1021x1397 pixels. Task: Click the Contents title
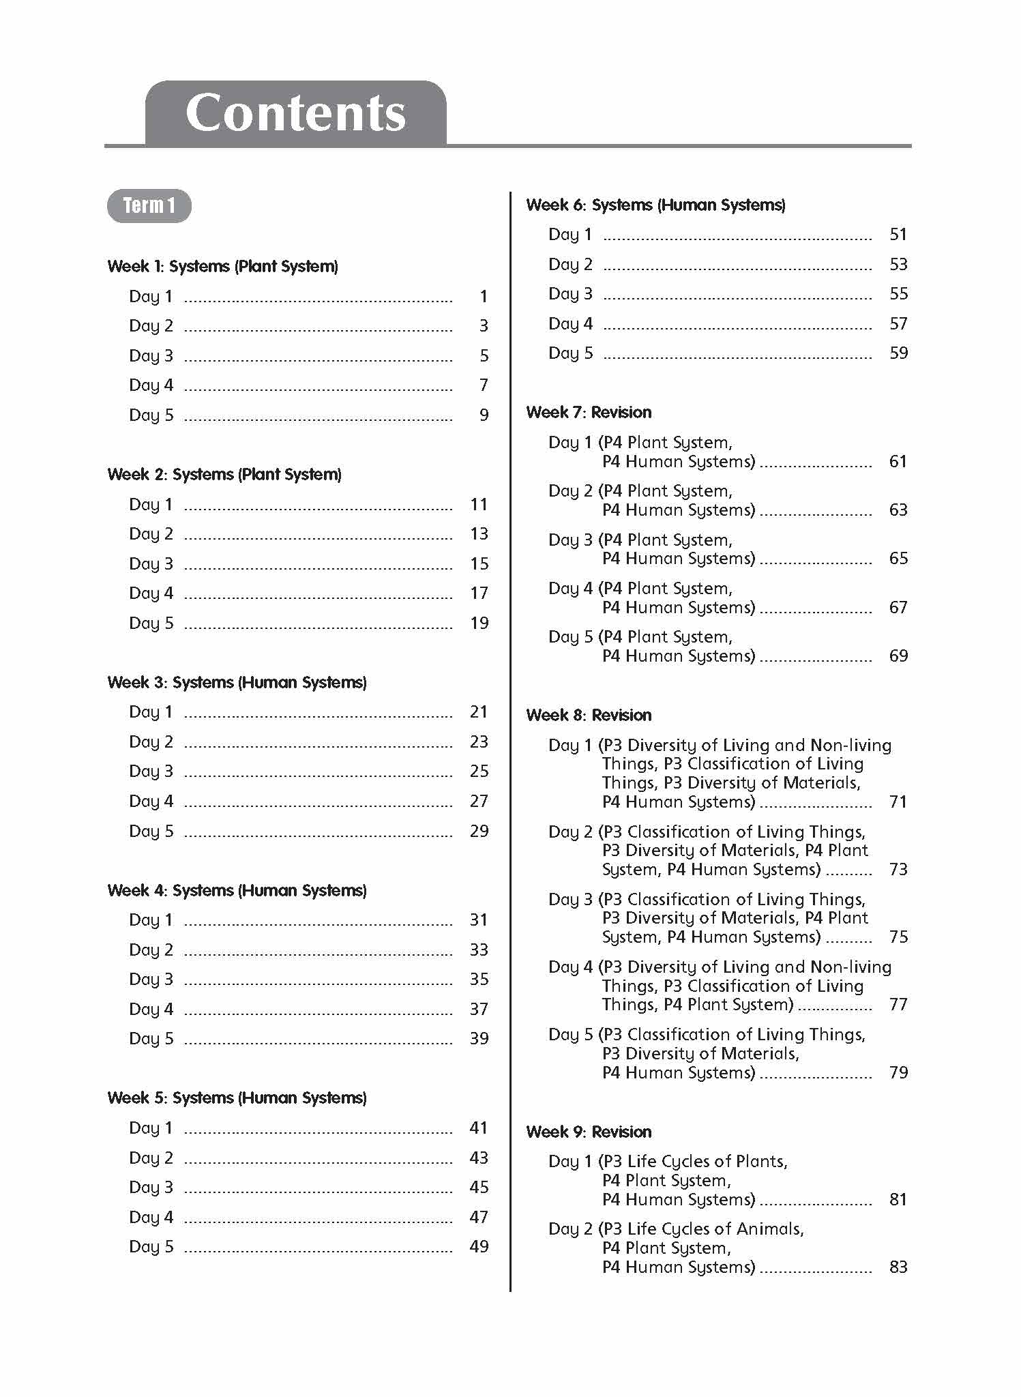tap(295, 113)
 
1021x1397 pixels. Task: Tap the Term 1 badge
tap(149, 205)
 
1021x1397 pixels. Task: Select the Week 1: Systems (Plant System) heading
tap(222, 267)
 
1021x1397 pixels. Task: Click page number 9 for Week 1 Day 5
tap(484, 415)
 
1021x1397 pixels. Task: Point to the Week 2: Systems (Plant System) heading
tap(224, 475)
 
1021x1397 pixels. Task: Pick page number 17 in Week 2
tap(479, 593)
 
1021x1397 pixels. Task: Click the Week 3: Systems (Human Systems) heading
tap(237, 683)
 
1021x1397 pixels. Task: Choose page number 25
tap(479, 771)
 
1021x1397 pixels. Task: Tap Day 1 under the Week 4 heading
tap(151, 920)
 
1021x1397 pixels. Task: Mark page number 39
tap(479, 1038)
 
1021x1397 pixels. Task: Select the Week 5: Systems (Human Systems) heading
tap(237, 1098)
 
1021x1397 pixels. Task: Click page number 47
tap(479, 1217)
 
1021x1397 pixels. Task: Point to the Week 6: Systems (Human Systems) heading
tap(655, 205)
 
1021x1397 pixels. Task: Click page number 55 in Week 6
tap(898, 294)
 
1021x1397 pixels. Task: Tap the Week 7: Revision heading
tap(589, 413)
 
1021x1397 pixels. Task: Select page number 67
tap(898, 607)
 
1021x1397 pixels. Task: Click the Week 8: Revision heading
tap(589, 716)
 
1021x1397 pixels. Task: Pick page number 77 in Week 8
tap(898, 1004)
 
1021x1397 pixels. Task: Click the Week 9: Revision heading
tap(589, 1132)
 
